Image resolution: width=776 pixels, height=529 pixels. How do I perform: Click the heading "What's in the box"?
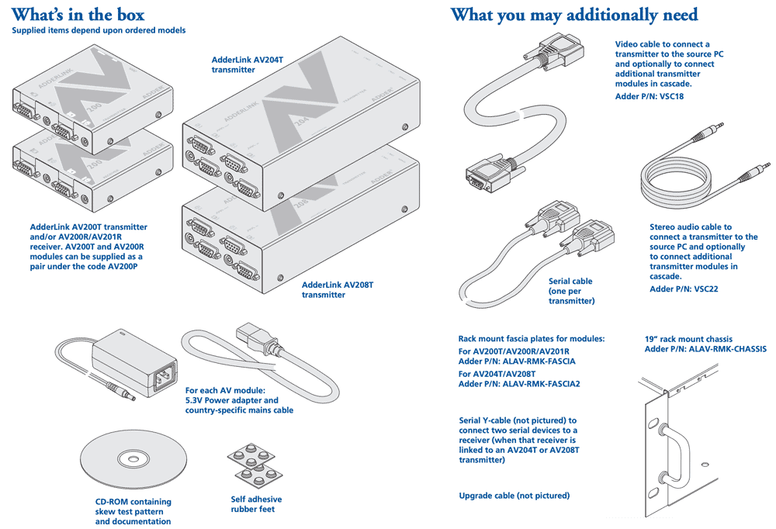tap(78, 14)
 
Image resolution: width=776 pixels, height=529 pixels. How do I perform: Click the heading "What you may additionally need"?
tap(574, 14)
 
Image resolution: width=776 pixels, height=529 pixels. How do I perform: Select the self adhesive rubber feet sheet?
tap(256, 464)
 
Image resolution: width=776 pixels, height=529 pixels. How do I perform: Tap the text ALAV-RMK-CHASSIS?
tap(716, 349)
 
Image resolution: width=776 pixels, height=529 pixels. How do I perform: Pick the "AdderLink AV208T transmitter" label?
tap(338, 289)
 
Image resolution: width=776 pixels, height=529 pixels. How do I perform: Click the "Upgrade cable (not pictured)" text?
tap(514, 496)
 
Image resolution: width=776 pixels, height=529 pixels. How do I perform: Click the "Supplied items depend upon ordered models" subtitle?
tap(99, 30)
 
